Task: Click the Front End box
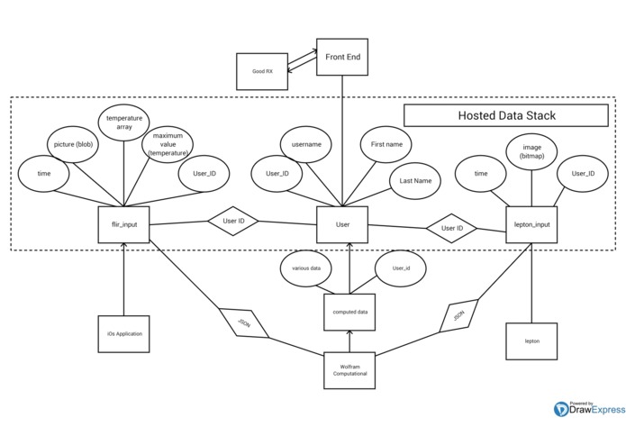coord(342,56)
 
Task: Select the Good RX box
coord(262,70)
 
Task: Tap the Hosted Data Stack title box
coord(506,115)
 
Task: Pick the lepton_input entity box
coord(531,224)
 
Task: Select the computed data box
coord(348,312)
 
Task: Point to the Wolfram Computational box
coord(348,369)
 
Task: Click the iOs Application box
coord(123,333)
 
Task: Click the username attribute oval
coord(307,144)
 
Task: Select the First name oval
coord(386,144)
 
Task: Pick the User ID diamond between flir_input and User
coord(233,221)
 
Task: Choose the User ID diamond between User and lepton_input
coord(451,228)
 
